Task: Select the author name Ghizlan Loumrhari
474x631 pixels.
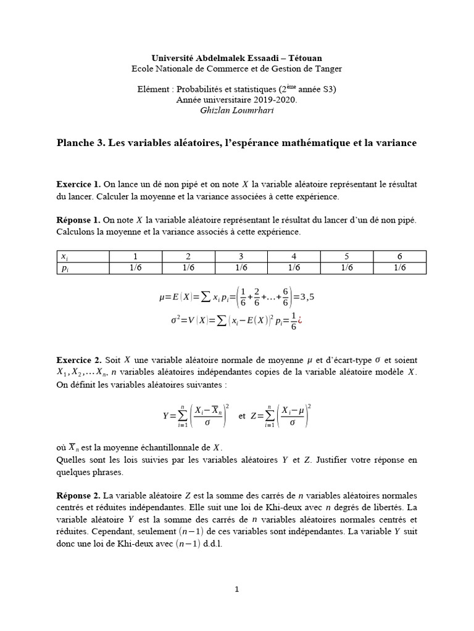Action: [x=236, y=110]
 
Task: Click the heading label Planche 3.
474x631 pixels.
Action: [x=81, y=143]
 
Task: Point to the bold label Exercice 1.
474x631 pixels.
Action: [x=78, y=184]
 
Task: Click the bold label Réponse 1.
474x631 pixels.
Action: [x=78, y=220]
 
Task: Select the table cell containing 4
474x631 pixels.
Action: [x=294, y=256]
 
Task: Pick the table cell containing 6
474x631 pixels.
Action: [x=399, y=256]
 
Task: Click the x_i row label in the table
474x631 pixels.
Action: [x=64, y=256]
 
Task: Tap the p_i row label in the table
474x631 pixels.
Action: [x=64, y=267]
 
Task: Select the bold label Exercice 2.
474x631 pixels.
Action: [x=78, y=359]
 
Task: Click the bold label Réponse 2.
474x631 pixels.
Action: [x=78, y=495]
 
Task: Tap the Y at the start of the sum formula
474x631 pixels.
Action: [x=165, y=416]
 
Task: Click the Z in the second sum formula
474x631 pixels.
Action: [x=254, y=416]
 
